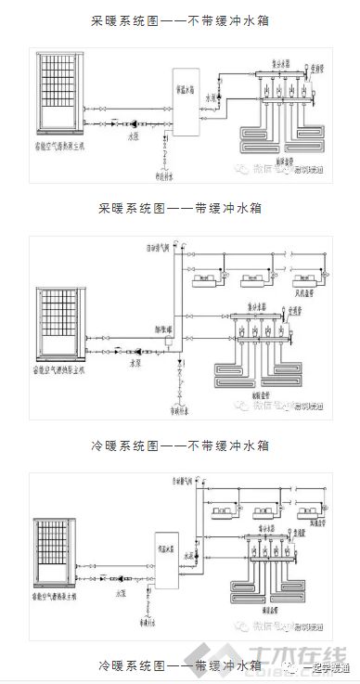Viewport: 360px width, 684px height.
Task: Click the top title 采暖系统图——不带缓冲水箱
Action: (180, 19)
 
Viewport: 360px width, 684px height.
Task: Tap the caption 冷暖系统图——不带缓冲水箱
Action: (180, 445)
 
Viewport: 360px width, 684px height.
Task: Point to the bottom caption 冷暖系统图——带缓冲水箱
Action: (180, 665)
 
